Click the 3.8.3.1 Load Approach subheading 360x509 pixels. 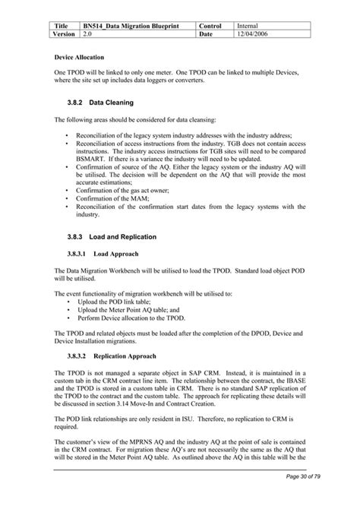[x=107, y=254]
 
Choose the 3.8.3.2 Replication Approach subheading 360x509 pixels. [x=118, y=356]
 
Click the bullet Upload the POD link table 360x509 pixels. [x=122, y=302]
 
